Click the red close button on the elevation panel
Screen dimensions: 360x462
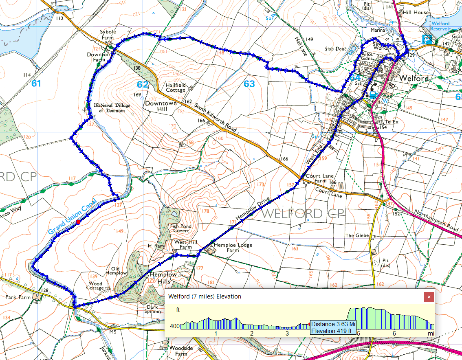(429, 297)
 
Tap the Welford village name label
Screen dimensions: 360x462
(414, 78)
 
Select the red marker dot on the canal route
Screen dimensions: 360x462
(78, 222)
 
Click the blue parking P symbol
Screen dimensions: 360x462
(426, 40)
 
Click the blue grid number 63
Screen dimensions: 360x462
(249, 84)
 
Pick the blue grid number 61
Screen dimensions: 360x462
(36, 84)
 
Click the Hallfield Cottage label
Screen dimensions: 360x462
(176, 87)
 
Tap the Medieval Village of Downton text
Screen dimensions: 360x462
(112, 108)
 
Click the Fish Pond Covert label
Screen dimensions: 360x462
(180, 228)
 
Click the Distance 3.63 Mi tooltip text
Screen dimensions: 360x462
(334, 324)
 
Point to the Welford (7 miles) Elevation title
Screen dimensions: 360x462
(205, 296)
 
